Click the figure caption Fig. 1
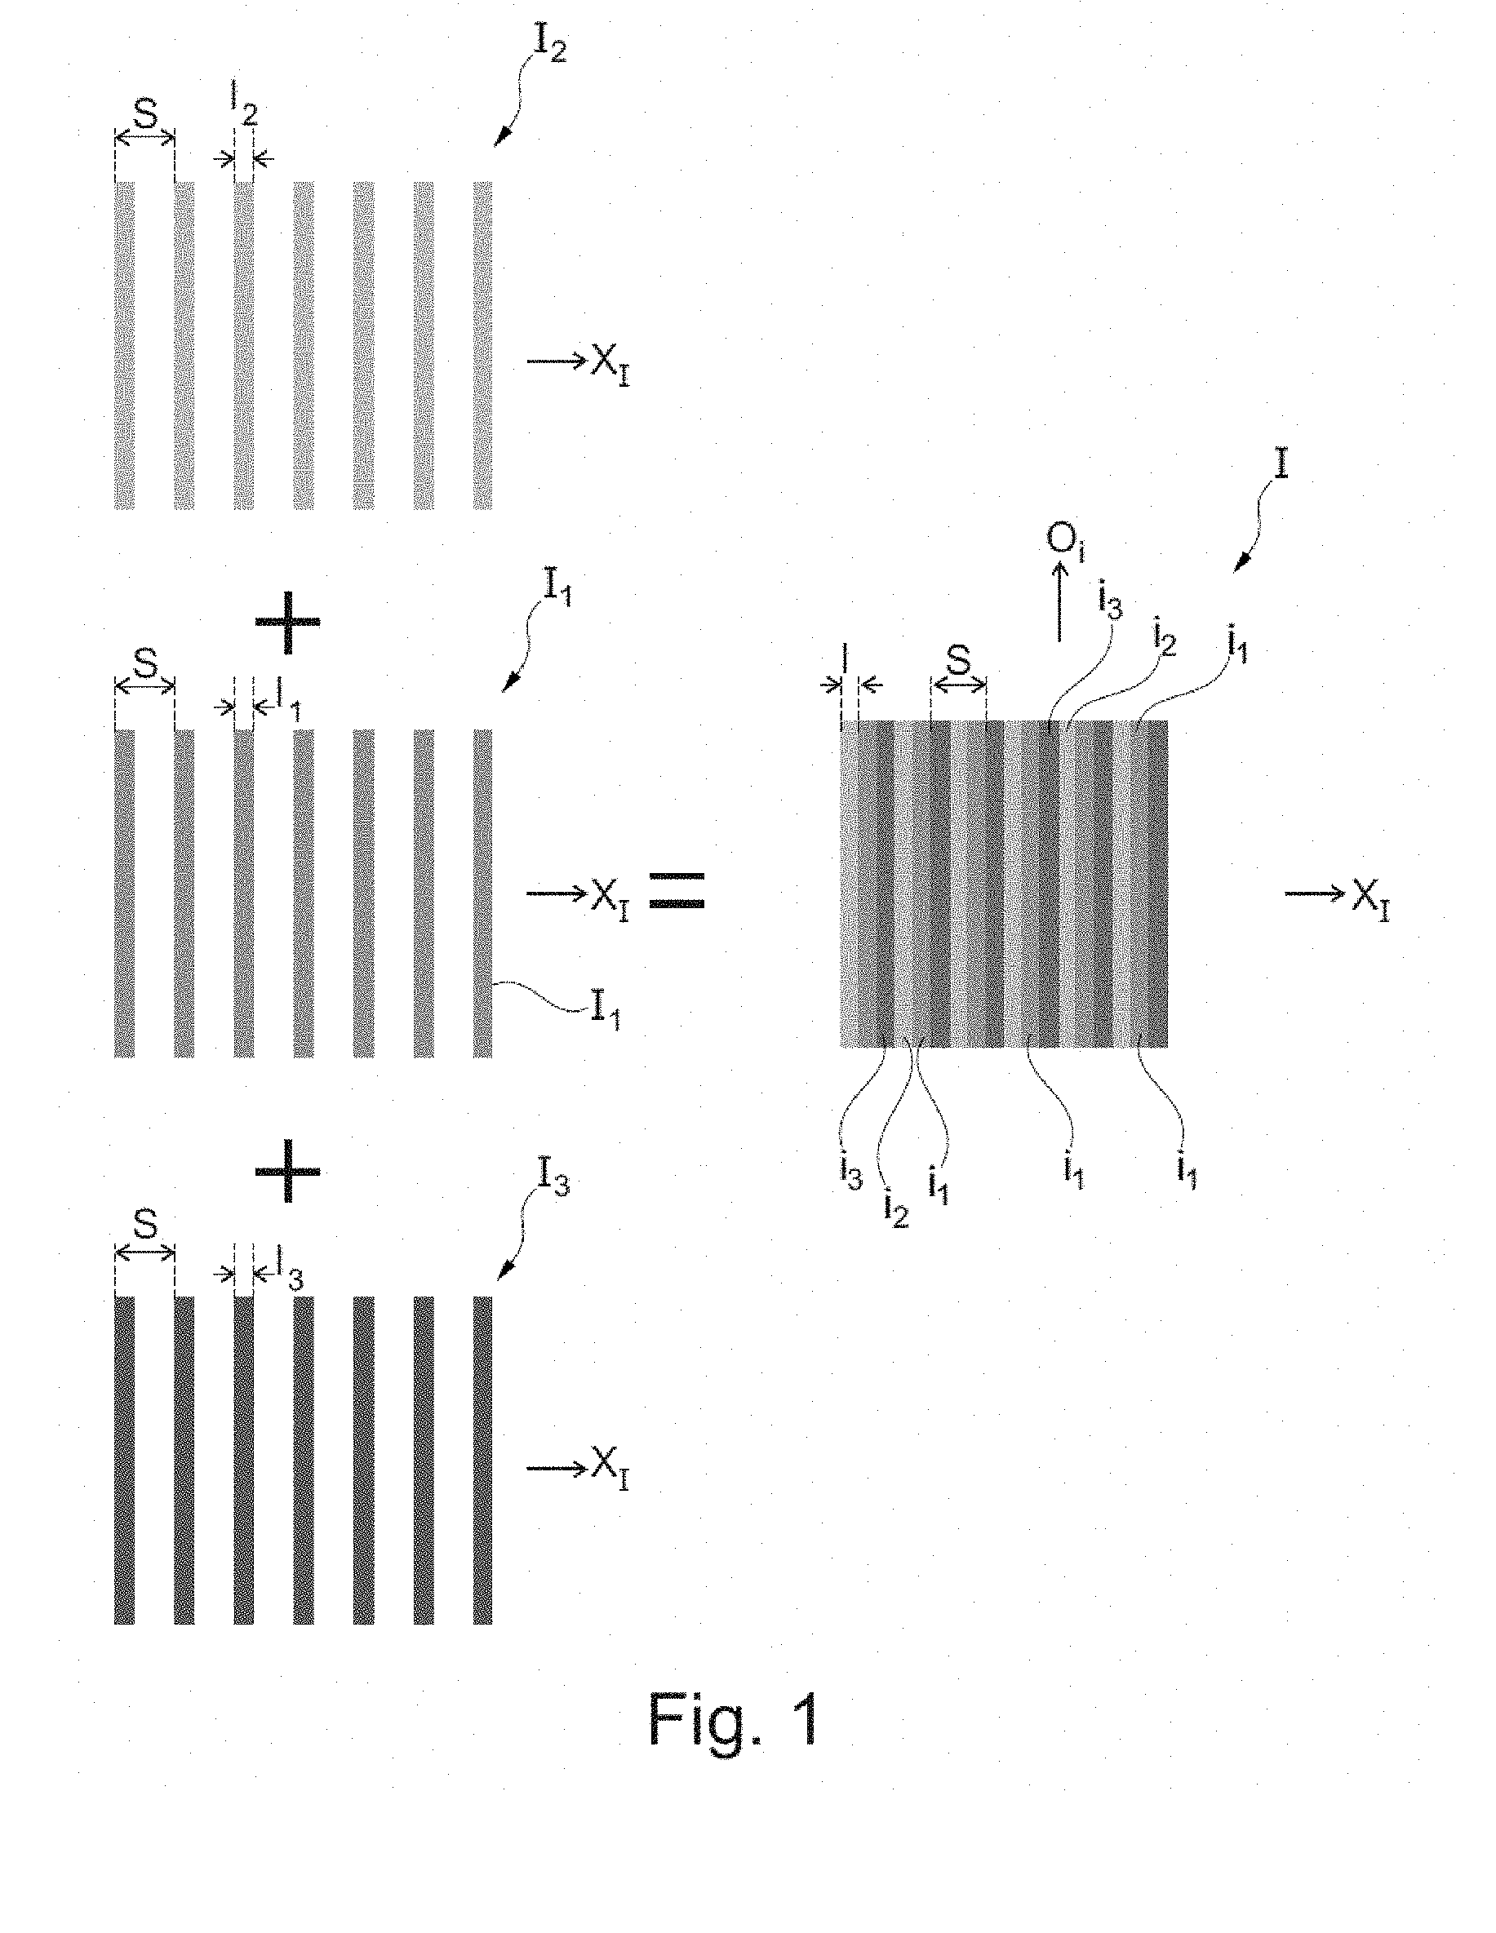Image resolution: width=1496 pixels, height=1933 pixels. pyautogui.click(x=734, y=1720)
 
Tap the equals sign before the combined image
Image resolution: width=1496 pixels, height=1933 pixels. pyautogui.click(x=677, y=890)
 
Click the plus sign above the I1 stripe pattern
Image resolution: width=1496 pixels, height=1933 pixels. pyautogui.click(x=287, y=623)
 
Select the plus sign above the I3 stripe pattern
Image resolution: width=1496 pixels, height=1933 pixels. pyautogui.click(x=287, y=1170)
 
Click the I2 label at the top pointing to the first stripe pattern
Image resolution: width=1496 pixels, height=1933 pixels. pyautogui.click(x=548, y=44)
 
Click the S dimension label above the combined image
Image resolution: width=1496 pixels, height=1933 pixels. pyautogui.click(x=958, y=659)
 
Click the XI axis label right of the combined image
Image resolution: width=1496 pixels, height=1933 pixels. pyautogui.click(x=1370, y=901)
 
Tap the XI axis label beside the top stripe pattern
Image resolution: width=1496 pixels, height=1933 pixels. pyautogui.click(x=610, y=366)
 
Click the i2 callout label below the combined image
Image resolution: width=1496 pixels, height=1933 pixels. pyautogui.click(x=896, y=1209)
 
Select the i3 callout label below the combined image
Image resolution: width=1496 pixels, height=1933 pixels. pyautogui.click(x=850, y=1173)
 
